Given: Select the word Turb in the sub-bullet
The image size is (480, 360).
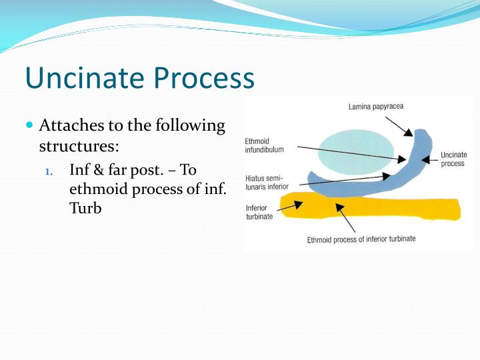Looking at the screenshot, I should (x=85, y=208).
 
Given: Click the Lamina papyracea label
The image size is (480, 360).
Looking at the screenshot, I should (x=375, y=106).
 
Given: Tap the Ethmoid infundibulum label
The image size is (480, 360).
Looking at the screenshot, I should (x=265, y=145).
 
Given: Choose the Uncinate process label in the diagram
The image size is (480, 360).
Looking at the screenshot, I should (x=453, y=159).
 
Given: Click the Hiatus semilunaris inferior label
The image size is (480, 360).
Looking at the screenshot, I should (x=267, y=182).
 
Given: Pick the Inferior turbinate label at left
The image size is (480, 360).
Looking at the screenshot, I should (x=259, y=212).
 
